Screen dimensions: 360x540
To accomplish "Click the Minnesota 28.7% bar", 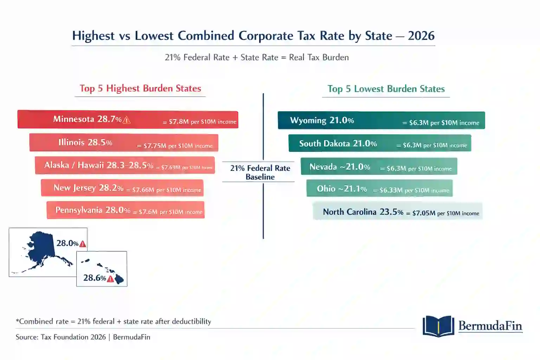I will tap(128, 120).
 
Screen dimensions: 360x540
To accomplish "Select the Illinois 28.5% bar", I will tap(124, 142).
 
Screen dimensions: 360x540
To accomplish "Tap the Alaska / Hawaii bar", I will tap(124, 165).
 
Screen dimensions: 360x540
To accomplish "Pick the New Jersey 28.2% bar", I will tap(122, 188).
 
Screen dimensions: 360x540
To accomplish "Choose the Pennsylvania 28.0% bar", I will tap(126, 210).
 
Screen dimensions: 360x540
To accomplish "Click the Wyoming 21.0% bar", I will tap(381, 120).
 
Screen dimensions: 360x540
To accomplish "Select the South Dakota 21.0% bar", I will tap(380, 143).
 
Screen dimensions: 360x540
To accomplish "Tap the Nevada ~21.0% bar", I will tap(379, 166).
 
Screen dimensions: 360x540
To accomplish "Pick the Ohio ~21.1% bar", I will tap(379, 188).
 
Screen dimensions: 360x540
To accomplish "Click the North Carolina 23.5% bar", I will tap(397, 212).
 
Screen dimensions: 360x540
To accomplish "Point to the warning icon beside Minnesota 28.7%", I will tap(127, 120).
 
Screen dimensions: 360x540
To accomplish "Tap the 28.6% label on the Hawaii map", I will tap(94, 278).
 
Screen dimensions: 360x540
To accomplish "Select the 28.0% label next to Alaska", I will tap(67, 243).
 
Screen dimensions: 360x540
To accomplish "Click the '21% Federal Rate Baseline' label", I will tap(260, 172).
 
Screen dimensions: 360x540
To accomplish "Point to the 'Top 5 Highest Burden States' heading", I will tap(140, 88).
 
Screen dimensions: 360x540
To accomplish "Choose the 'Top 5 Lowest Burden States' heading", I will tap(386, 89).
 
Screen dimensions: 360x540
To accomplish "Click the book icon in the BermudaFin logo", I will tap(438, 326).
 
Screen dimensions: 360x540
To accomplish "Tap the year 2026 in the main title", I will tap(421, 36).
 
